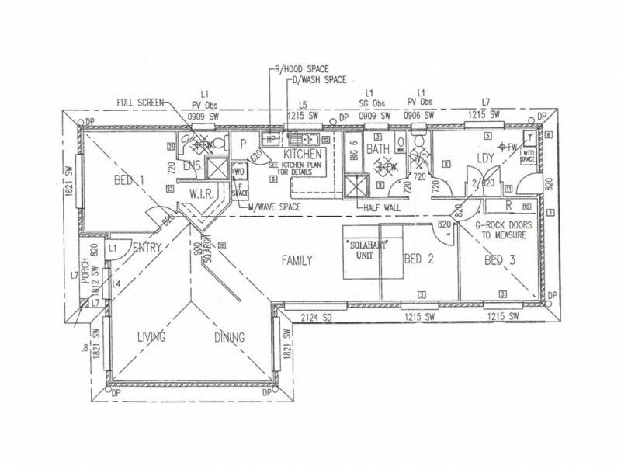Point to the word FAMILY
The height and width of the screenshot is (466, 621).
coord(297,261)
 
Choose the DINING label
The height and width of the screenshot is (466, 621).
coord(229,337)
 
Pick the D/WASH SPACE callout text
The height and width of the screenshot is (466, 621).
coord(317,79)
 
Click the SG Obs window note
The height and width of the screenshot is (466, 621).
coord(373,104)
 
